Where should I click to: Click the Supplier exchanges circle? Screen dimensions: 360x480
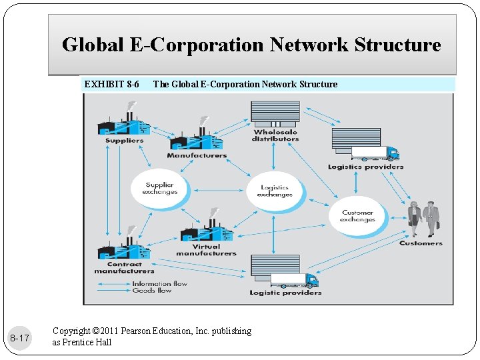point(159,189)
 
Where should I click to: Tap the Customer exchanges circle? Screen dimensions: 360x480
point(357,216)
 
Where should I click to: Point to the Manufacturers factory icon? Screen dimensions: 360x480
point(197,137)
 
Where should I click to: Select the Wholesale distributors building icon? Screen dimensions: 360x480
point(275,114)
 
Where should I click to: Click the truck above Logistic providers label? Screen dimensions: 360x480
point(285,272)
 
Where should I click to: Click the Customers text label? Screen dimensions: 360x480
point(421,243)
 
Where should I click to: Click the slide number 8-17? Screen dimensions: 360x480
point(19,339)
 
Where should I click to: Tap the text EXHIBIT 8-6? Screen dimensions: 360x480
point(111,84)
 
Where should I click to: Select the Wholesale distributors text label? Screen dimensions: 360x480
point(275,135)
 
